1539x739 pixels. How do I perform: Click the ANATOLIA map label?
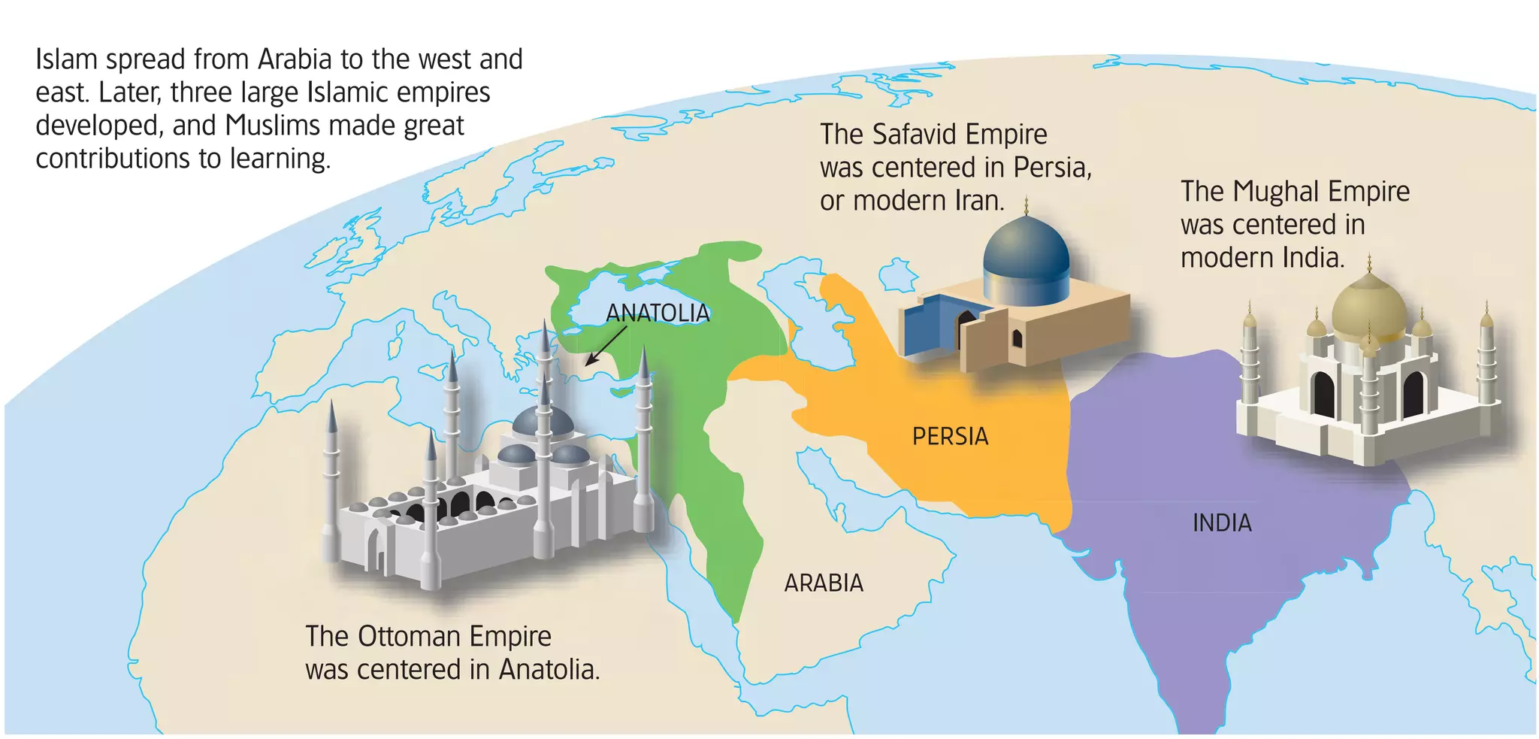coord(658,313)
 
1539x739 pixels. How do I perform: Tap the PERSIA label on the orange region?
coord(950,436)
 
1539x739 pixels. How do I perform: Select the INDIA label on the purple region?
coord(1222,522)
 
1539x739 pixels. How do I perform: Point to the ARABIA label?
coord(824,583)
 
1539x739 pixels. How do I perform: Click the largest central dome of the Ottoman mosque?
coord(543,421)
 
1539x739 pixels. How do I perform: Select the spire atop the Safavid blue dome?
coord(1026,204)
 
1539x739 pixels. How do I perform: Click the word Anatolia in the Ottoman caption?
coord(549,669)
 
